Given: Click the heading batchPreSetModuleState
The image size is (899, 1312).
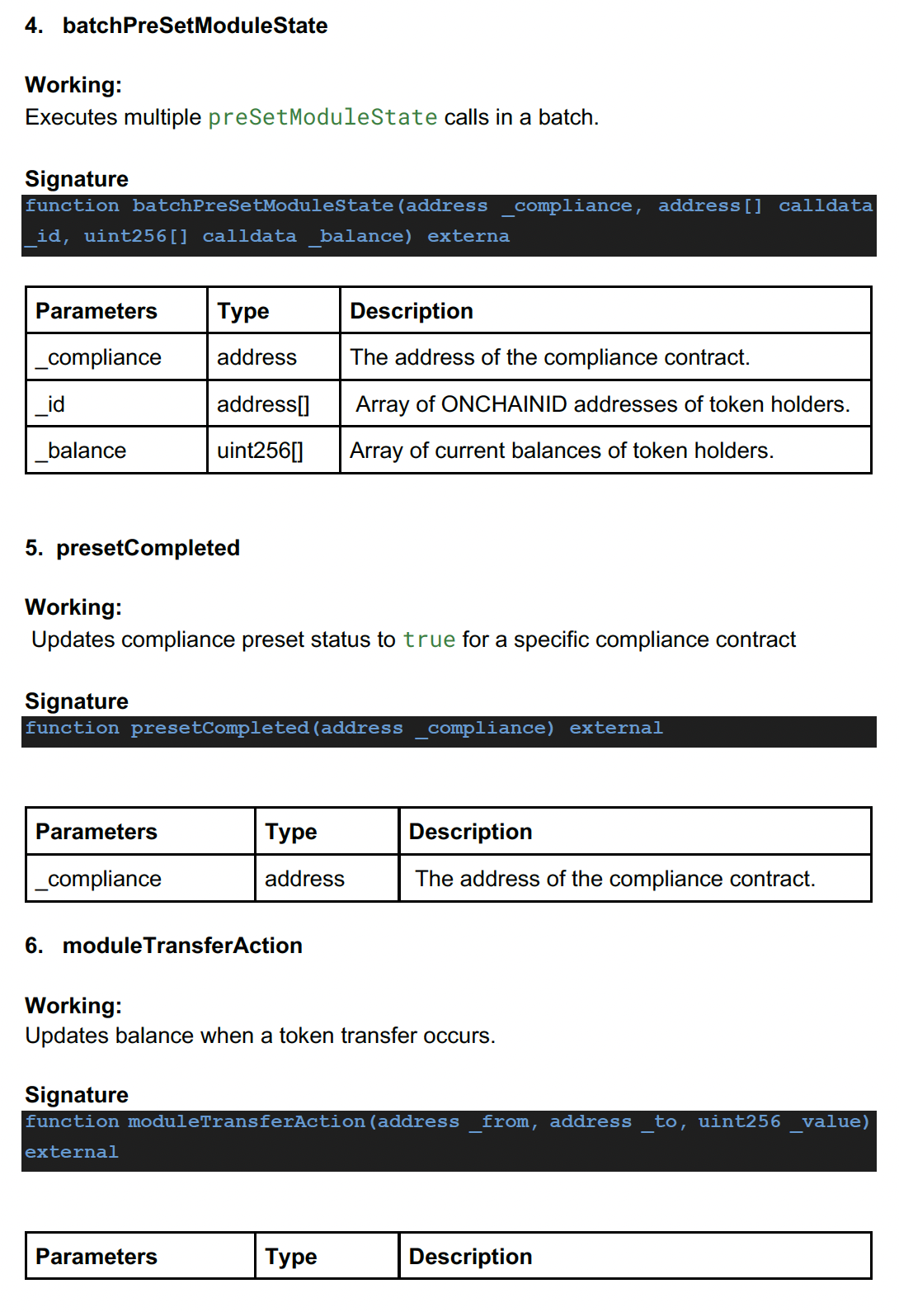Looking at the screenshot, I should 195,26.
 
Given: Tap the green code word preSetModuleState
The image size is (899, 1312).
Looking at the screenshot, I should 322,117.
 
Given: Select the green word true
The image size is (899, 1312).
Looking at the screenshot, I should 429,639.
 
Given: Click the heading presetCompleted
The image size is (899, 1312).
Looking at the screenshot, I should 148,548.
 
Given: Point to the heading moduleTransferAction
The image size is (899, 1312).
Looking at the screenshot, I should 182,946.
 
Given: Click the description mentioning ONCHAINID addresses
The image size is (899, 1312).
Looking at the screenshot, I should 602,404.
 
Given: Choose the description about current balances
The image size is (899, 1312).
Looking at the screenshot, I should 562,451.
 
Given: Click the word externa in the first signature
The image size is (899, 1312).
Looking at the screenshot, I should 468,236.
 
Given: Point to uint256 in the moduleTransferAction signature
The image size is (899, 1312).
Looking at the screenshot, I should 738,1121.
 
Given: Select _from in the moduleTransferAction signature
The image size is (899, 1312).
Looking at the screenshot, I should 503,1121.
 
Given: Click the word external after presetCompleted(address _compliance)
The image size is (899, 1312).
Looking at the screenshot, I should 615,728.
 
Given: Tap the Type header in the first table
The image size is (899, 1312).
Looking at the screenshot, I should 243,311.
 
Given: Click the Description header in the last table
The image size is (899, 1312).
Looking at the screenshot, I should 470,1256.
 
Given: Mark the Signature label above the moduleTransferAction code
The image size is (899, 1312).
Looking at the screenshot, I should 77,1095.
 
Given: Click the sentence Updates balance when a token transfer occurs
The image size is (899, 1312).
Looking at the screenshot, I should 260,1036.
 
